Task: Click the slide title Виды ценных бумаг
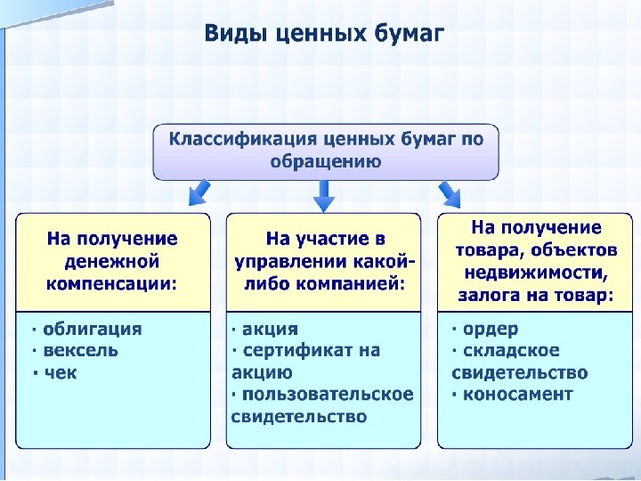pos(324,34)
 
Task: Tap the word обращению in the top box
pos(325,161)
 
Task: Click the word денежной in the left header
pos(112,262)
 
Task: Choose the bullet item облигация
pos(92,329)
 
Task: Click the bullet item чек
pos(60,372)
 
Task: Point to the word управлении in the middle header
pos(288,262)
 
